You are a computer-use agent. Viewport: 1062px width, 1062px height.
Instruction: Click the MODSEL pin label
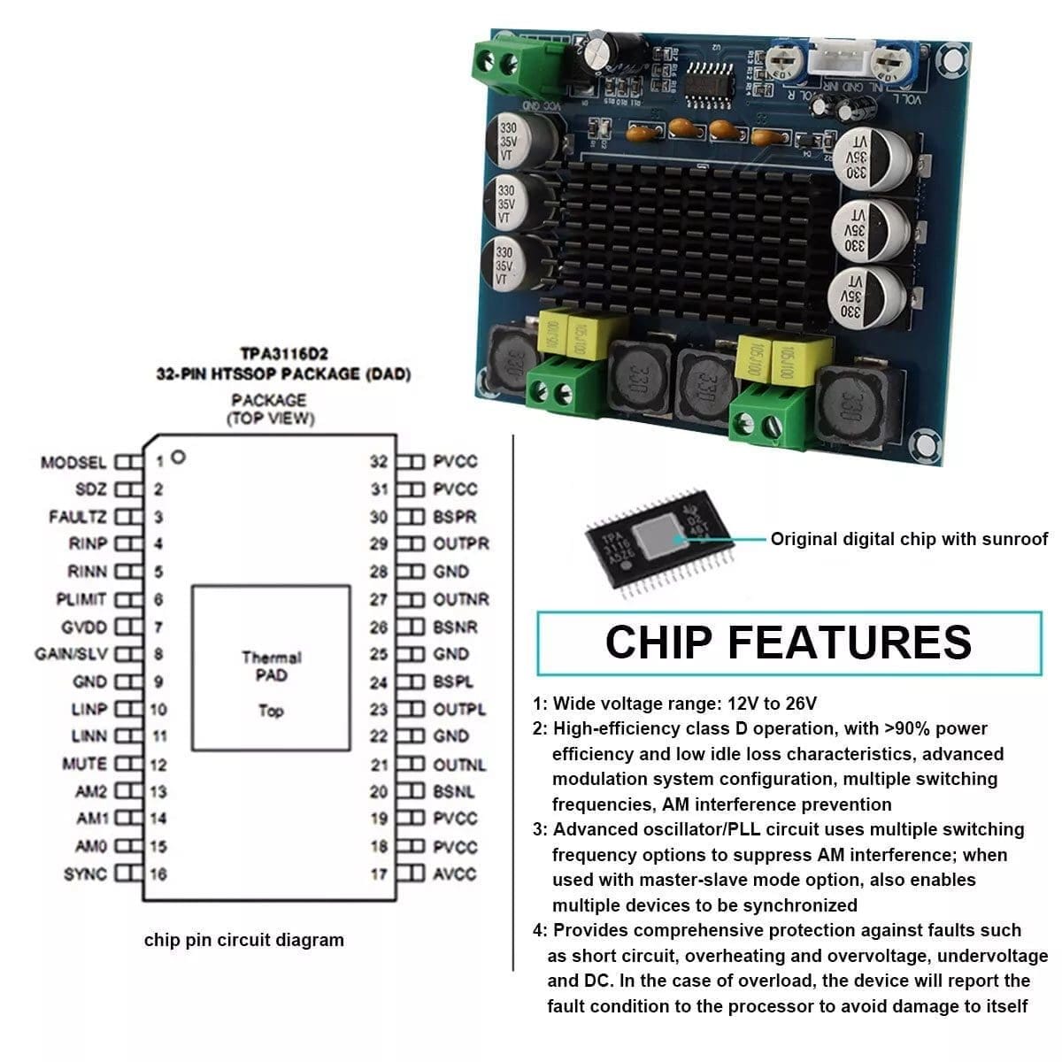pyautogui.click(x=73, y=462)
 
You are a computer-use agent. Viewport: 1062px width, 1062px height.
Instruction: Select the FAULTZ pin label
pyautogui.click(x=78, y=517)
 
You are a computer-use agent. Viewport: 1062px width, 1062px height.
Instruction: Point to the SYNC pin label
pyautogui.click(x=85, y=874)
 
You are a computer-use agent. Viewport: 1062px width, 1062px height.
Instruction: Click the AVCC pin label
pyautogui.click(x=455, y=874)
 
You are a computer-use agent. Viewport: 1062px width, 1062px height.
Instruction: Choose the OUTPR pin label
pyautogui.click(x=461, y=543)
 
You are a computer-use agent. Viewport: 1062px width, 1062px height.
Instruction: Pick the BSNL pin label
pyautogui.click(x=454, y=792)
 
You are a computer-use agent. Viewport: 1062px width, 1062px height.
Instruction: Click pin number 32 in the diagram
pyautogui.click(x=379, y=461)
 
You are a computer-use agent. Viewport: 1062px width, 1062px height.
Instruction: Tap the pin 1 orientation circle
pyautogui.click(x=179, y=458)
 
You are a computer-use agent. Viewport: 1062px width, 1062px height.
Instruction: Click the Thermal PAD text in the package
pyautogui.click(x=271, y=666)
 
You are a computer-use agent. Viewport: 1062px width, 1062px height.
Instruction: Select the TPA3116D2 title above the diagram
pyautogui.click(x=283, y=355)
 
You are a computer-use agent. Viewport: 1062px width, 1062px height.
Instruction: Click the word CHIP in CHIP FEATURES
pyautogui.click(x=663, y=643)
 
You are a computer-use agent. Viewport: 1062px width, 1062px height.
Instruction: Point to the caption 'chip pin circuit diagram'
pyautogui.click(x=244, y=940)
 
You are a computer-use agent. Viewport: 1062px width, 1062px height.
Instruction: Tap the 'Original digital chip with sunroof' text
pyautogui.click(x=909, y=539)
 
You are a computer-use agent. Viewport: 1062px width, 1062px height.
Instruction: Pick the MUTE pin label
pyautogui.click(x=84, y=764)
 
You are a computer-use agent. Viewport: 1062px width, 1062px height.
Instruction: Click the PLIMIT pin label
pyautogui.click(x=81, y=599)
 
